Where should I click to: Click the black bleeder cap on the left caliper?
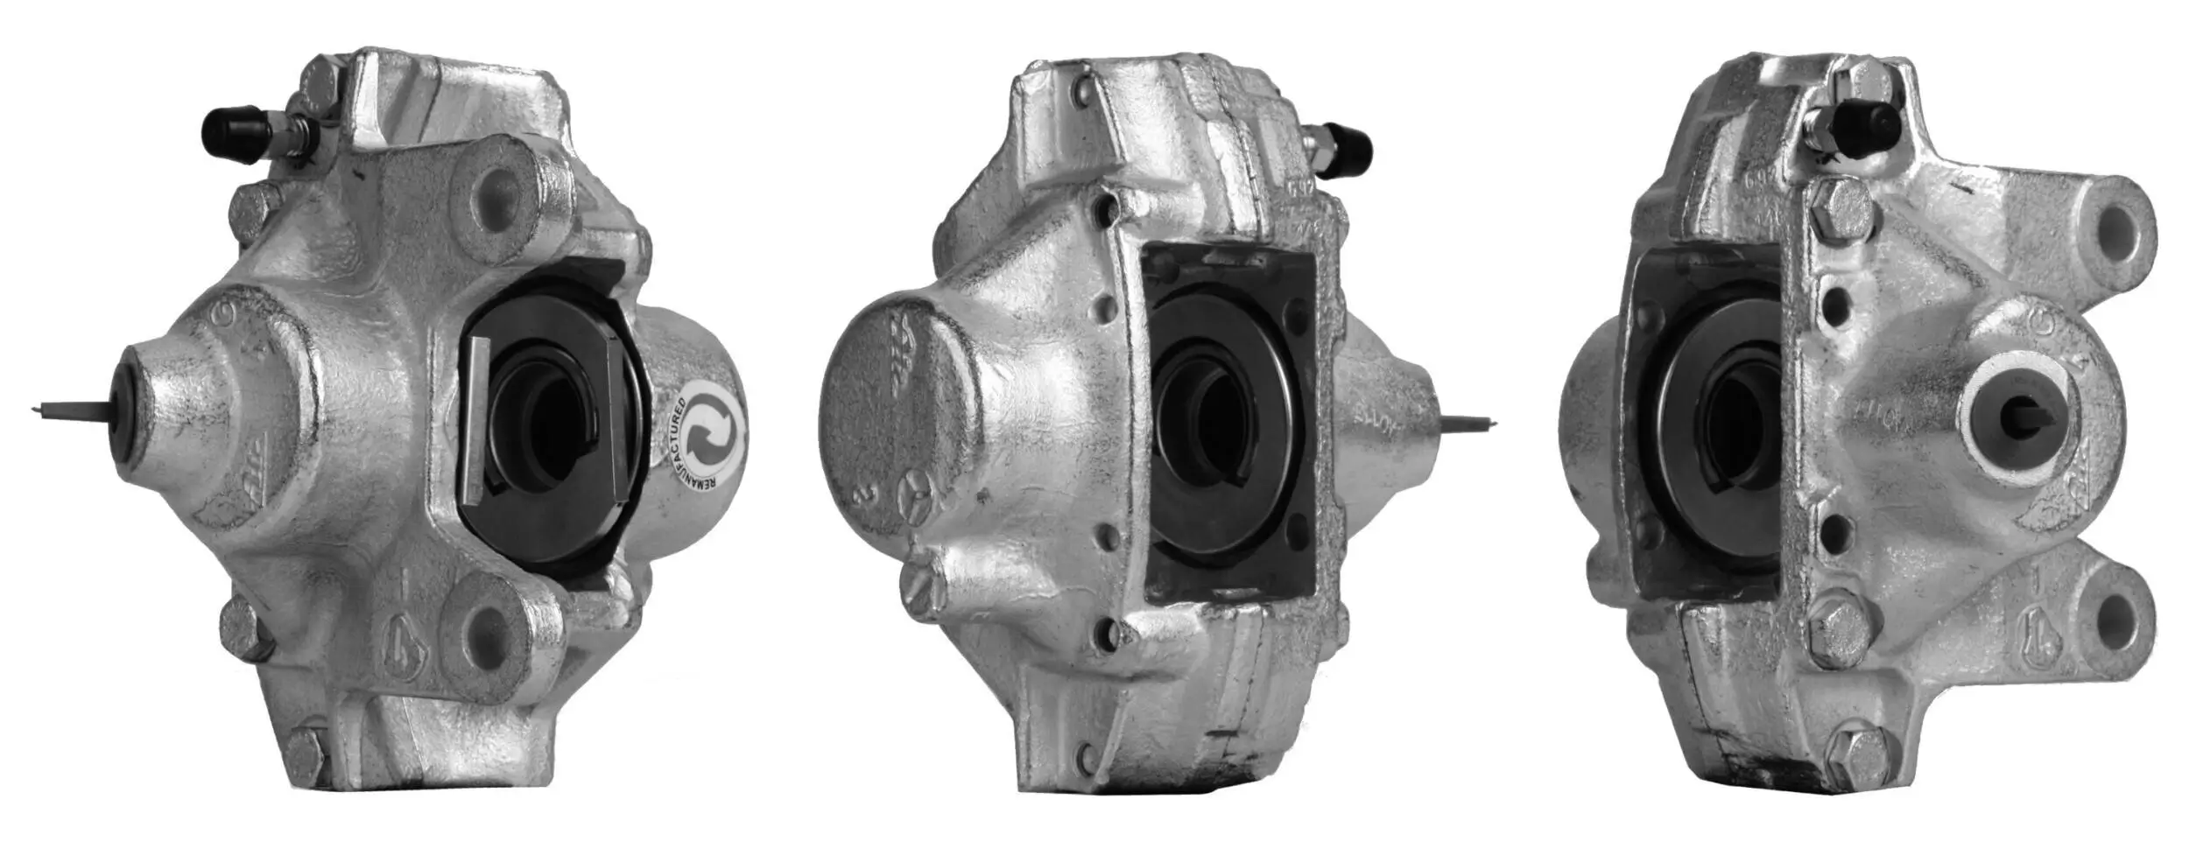coord(233,133)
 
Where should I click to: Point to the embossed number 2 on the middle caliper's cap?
coord(868,500)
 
